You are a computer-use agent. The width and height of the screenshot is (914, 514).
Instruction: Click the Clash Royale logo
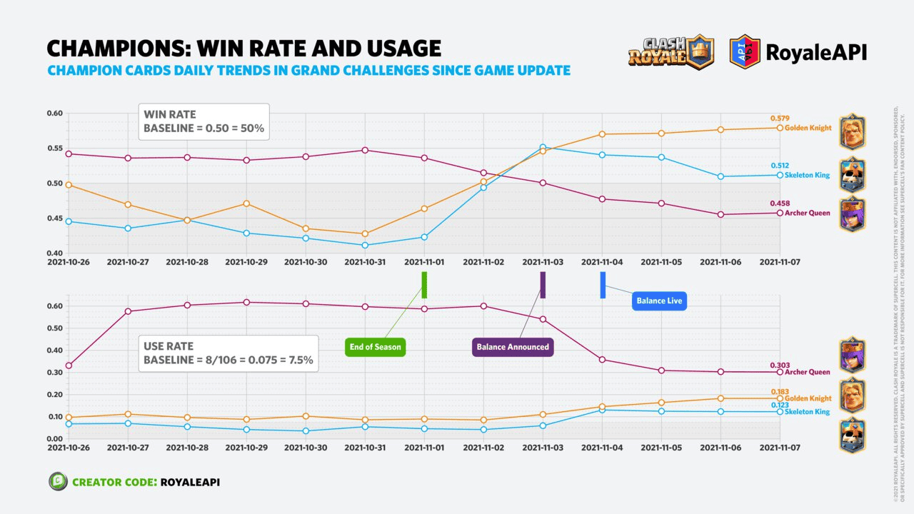[x=671, y=51]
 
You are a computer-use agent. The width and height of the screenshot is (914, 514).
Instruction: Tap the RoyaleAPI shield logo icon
[x=744, y=51]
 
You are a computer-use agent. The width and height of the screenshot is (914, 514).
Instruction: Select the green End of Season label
[x=375, y=347]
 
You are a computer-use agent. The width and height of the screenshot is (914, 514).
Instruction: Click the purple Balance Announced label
[x=513, y=347]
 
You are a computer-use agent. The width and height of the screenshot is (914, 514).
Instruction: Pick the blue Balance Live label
[x=659, y=301]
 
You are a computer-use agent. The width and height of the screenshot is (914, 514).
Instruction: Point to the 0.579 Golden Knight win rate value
[x=780, y=119]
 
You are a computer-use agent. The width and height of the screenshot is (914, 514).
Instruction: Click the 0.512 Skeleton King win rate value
[x=780, y=166]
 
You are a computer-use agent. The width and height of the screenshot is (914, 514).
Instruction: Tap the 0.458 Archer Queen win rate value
[x=780, y=203]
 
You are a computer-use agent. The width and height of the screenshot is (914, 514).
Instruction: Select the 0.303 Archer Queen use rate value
[x=780, y=365]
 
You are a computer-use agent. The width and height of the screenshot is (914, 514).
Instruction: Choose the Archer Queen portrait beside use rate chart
[x=852, y=356]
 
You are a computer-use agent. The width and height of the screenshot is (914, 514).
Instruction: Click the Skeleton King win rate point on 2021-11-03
[x=543, y=147]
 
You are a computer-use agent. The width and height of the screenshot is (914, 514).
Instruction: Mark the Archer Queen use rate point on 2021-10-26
[x=69, y=366]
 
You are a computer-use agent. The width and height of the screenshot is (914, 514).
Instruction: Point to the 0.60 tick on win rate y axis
[x=55, y=114]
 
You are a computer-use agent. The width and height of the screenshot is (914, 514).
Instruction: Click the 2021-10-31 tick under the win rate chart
[x=365, y=262]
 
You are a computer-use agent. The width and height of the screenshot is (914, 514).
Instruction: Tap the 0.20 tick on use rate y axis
[x=55, y=395]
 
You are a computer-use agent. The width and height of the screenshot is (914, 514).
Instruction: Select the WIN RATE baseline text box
[x=204, y=121]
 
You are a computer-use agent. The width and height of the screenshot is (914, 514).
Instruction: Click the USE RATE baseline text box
[x=228, y=353]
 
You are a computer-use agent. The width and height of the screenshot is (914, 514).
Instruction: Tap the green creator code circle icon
[x=58, y=482]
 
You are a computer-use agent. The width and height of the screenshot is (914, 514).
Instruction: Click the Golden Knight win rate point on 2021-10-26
[x=69, y=185]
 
